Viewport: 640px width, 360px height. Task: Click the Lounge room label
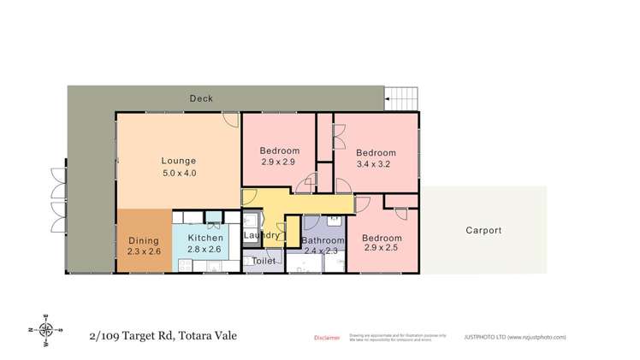click(179, 160)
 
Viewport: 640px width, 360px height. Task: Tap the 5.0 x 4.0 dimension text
click(179, 173)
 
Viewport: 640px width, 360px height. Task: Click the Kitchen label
click(205, 238)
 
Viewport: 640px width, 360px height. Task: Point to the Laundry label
click(261, 235)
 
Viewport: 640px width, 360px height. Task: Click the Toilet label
click(263, 261)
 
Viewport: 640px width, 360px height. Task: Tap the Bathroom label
click(323, 241)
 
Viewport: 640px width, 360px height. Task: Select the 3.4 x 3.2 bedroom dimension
click(375, 167)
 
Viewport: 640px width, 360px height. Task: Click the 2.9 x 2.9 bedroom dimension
click(278, 162)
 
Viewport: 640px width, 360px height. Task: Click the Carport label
click(483, 230)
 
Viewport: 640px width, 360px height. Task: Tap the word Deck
click(201, 99)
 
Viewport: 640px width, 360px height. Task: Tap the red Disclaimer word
click(326, 337)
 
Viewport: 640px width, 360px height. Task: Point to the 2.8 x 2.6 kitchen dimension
click(205, 250)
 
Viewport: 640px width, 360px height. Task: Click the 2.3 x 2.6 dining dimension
click(143, 252)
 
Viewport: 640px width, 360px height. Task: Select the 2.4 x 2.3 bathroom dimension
click(323, 251)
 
